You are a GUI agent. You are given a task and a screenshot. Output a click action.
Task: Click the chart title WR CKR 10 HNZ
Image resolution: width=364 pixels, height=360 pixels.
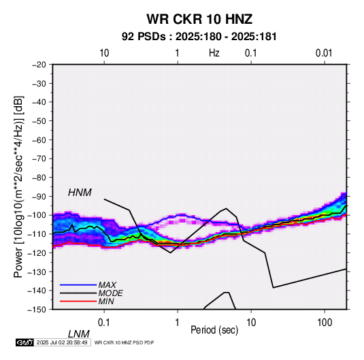click(x=199, y=19)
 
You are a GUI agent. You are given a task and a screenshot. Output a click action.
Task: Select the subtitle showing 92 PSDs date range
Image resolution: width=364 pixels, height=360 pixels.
click(x=199, y=37)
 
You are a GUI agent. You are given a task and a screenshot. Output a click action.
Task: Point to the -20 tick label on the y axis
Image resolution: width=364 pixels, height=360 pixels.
click(x=39, y=65)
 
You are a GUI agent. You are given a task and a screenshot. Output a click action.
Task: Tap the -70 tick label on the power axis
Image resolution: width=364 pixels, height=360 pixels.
click(x=39, y=159)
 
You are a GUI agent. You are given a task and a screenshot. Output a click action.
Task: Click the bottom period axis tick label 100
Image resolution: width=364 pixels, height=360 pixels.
click(x=325, y=323)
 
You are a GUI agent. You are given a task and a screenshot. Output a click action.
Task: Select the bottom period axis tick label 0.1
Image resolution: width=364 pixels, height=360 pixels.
click(x=104, y=323)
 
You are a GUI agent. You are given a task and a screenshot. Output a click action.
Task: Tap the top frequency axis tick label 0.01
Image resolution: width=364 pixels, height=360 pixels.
click(x=324, y=53)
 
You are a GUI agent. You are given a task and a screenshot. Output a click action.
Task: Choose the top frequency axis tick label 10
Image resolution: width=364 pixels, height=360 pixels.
click(x=104, y=53)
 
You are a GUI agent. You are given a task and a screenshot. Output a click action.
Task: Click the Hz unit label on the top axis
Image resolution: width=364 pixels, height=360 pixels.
click(x=214, y=53)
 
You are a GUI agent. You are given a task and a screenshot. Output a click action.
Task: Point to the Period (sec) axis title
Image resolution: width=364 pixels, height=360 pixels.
click(x=214, y=330)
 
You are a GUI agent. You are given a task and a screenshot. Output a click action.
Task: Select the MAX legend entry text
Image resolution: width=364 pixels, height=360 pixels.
click(x=107, y=284)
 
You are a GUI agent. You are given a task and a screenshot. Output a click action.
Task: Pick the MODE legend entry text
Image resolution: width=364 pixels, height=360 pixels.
click(x=110, y=293)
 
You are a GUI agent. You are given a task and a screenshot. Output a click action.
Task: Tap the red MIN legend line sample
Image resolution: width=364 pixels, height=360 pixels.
click(x=78, y=301)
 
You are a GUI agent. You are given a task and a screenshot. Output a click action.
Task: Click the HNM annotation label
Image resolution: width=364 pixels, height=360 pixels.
click(x=80, y=193)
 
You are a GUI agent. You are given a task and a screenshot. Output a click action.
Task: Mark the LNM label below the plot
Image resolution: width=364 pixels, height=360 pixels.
click(x=79, y=334)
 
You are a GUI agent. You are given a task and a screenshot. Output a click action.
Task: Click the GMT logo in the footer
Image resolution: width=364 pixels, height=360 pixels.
click(x=24, y=342)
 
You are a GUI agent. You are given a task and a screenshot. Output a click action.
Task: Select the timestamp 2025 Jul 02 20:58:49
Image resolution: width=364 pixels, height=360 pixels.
click(x=62, y=342)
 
